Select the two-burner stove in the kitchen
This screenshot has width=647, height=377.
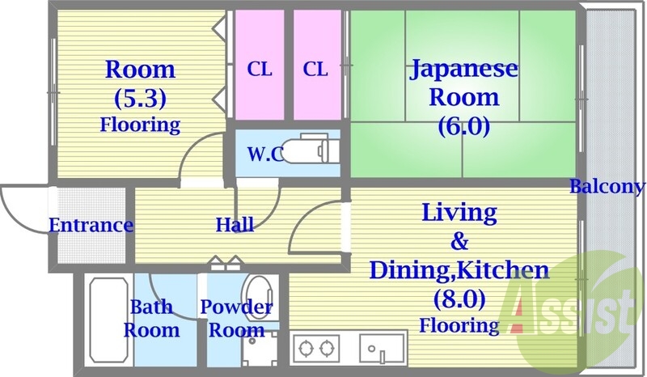click(316, 349)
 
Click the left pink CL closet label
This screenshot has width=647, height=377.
click(260, 70)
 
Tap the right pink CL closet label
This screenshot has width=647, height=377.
click(316, 70)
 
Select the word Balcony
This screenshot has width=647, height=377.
click(607, 188)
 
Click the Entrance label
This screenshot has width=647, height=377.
click(91, 225)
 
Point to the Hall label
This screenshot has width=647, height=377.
click(235, 224)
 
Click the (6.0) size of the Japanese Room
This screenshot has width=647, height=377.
click(463, 125)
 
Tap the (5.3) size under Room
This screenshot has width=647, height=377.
click(140, 99)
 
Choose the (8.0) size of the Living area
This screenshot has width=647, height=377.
click(459, 300)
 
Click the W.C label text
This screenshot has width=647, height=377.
click(265, 154)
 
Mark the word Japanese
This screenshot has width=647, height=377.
click(463, 68)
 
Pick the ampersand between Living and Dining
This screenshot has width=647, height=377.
click(459, 241)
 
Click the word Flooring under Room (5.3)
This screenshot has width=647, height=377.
click(140, 125)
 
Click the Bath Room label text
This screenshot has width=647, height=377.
click(152, 318)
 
